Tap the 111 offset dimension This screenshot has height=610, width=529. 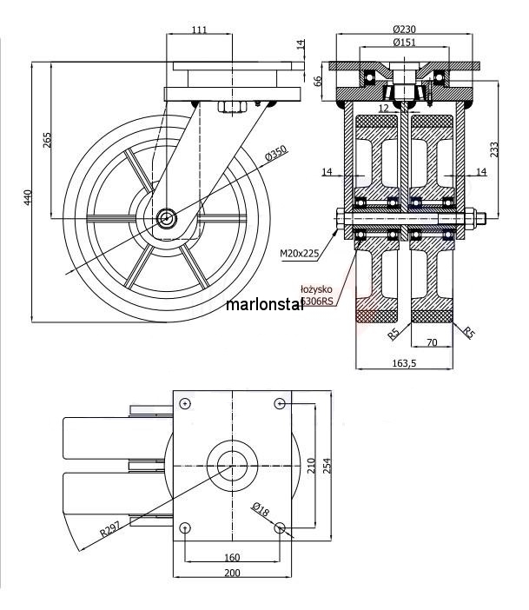click(x=199, y=30)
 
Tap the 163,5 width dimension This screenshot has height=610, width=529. click(x=405, y=363)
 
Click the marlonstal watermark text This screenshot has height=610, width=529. click(x=264, y=305)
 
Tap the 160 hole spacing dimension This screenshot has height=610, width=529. click(x=232, y=556)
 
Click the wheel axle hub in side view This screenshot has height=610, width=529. click(x=167, y=218)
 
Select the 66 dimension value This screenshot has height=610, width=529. click(x=318, y=81)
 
